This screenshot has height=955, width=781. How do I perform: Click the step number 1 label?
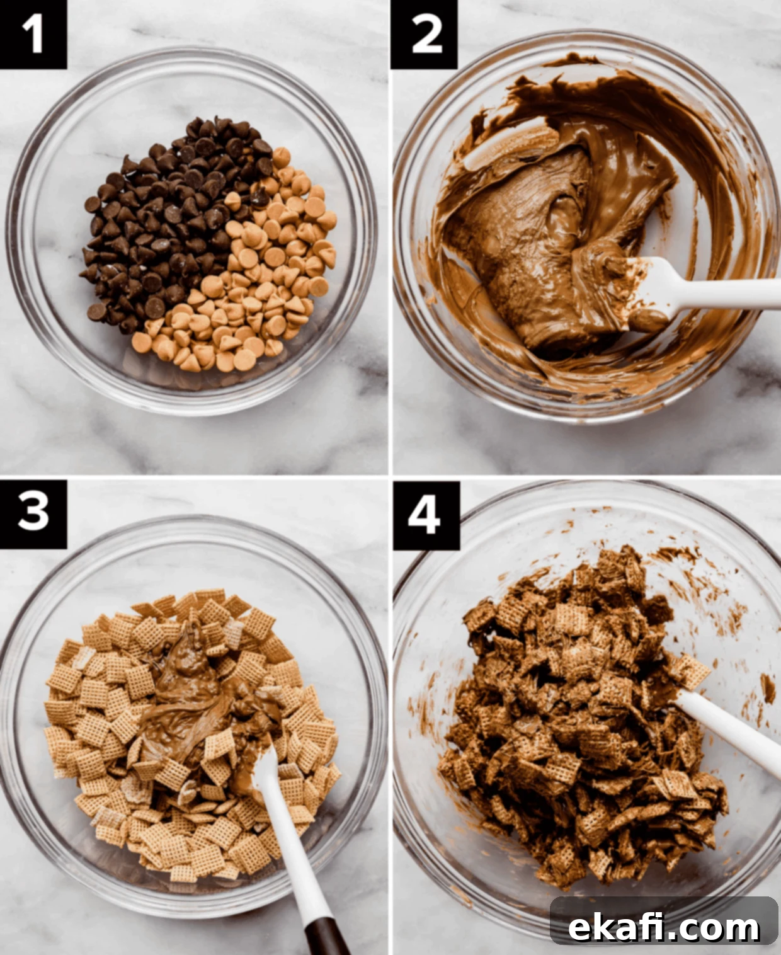tap(33, 35)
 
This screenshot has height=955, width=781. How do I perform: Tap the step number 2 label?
tap(425, 35)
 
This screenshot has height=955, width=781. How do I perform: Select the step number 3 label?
tap(33, 515)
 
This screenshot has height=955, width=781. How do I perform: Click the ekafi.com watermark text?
tap(664, 915)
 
